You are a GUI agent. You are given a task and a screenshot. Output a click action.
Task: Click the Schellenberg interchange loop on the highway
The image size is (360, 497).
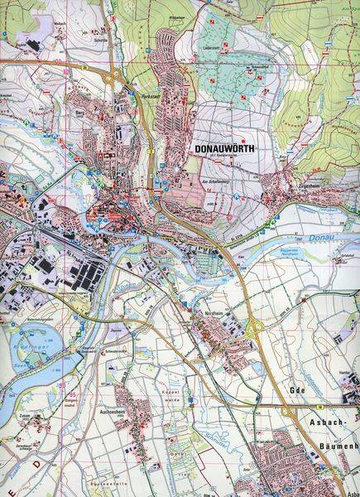155,194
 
